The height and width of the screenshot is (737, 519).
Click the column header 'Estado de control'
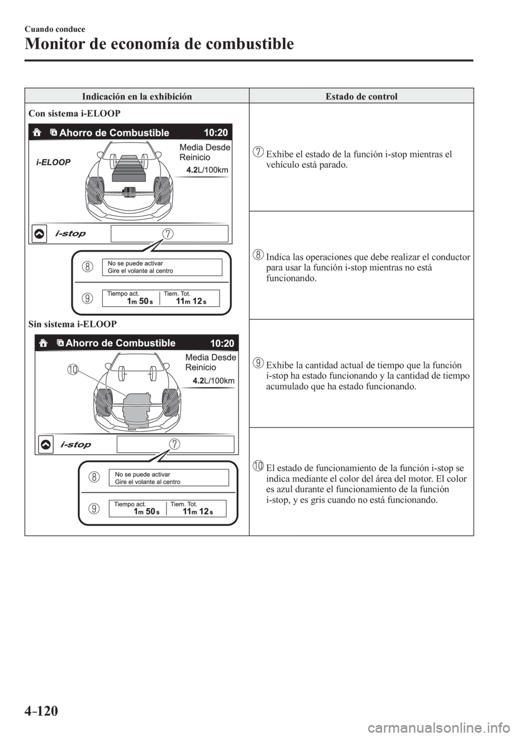click(x=361, y=96)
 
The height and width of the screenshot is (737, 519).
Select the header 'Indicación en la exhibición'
click(x=137, y=96)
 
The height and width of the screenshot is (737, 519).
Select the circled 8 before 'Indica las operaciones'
click(x=258, y=255)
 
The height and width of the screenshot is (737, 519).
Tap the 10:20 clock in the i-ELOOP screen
click(x=216, y=133)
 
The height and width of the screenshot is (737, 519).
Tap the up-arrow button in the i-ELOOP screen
click(x=39, y=234)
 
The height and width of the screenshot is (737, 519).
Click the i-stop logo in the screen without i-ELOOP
click(x=76, y=445)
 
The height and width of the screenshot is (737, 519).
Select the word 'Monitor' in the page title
click(x=49, y=43)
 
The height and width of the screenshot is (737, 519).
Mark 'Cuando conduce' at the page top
click(x=52, y=28)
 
